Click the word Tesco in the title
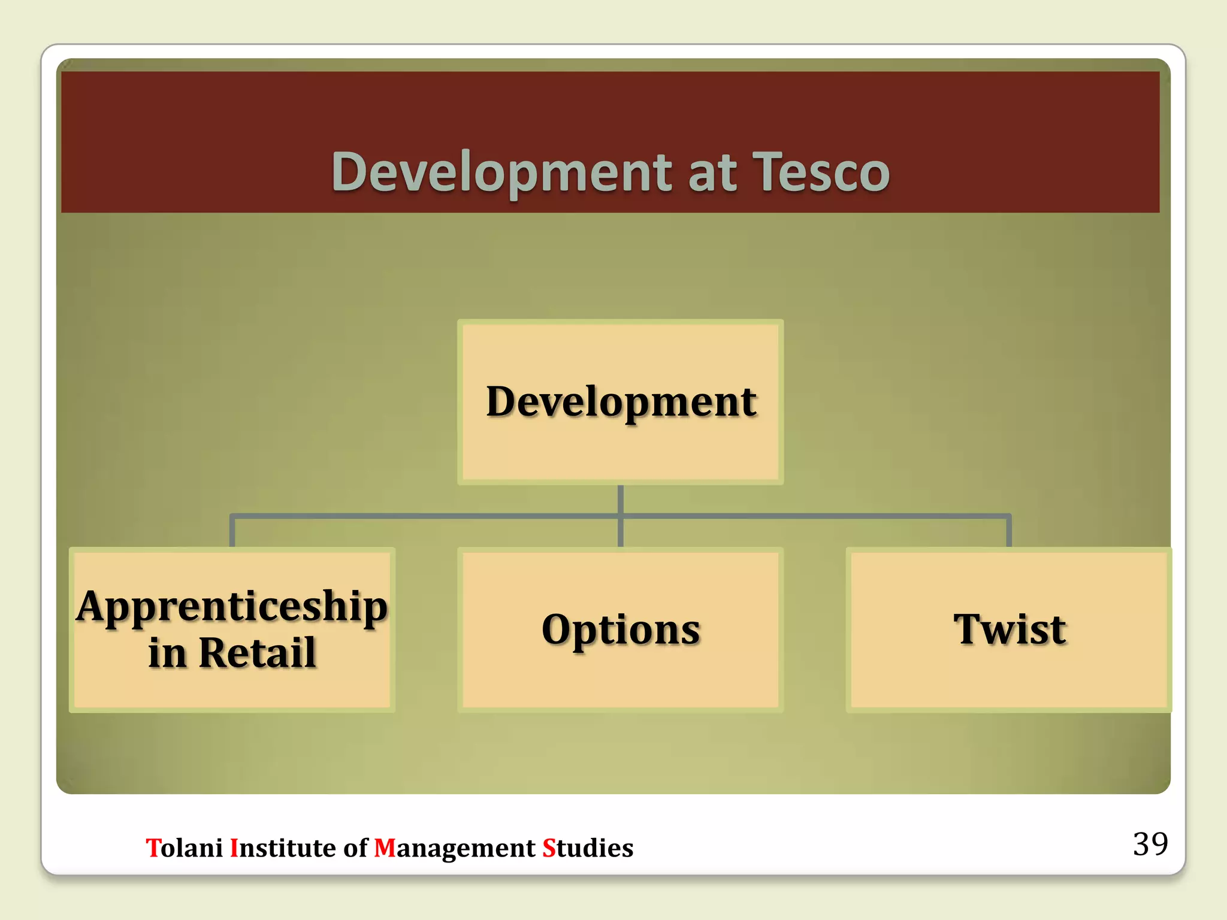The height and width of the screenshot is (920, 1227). pyautogui.click(x=821, y=172)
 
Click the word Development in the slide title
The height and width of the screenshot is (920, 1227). pyautogui.click(x=502, y=172)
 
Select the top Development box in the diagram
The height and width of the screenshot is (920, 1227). pyautogui.click(x=621, y=402)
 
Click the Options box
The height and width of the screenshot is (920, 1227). pyautogui.click(x=621, y=630)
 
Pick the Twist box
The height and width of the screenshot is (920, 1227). pyautogui.click(x=1009, y=630)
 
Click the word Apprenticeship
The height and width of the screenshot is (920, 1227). pyautogui.click(x=232, y=607)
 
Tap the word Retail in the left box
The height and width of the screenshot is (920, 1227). pyautogui.click(x=257, y=653)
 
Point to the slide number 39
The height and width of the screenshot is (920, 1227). pyautogui.click(x=1150, y=845)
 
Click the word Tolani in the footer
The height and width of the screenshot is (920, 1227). pyautogui.click(x=185, y=848)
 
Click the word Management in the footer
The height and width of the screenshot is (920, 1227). pyautogui.click(x=454, y=848)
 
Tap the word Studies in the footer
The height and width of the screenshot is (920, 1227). pyautogui.click(x=587, y=848)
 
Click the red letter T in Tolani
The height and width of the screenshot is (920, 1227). pyautogui.click(x=152, y=848)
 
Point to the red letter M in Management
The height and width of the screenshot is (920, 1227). pyautogui.click(x=385, y=848)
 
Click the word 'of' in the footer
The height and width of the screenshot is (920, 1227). pyautogui.click(x=355, y=848)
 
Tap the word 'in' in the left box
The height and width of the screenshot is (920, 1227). pyautogui.click(x=167, y=653)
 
